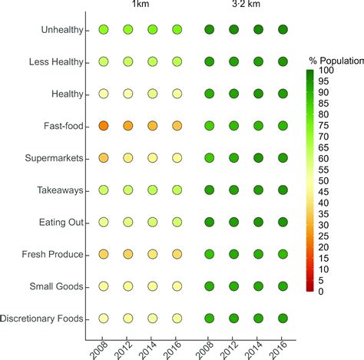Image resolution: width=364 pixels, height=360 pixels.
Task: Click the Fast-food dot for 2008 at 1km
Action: (104, 125)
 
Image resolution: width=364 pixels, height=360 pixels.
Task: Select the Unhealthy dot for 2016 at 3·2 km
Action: (283, 30)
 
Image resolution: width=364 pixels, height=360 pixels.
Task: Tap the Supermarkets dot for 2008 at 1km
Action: (104, 157)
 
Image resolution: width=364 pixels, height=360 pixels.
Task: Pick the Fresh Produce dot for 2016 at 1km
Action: (177, 253)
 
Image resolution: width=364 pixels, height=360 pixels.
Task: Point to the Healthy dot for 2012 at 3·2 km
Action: (233, 94)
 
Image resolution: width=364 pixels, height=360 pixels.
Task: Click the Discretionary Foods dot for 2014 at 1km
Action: (153, 318)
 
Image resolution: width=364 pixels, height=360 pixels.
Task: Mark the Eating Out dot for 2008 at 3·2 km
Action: (209, 222)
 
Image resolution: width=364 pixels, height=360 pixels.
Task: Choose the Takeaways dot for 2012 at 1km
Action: (128, 190)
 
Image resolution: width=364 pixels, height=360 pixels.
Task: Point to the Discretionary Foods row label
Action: (43, 319)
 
